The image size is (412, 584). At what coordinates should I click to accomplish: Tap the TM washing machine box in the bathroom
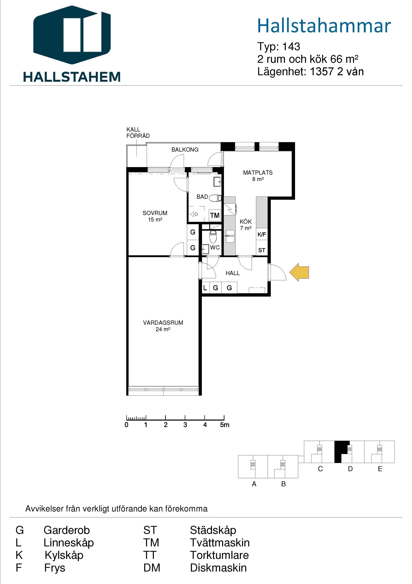point(215,215)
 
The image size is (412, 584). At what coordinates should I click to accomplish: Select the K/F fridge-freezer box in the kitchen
point(262,234)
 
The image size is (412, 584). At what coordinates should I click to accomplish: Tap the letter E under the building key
point(380,469)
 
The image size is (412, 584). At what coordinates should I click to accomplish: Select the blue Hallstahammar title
point(324,26)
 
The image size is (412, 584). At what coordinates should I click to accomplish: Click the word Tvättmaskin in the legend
point(220,543)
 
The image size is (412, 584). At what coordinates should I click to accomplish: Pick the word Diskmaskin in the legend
point(218,568)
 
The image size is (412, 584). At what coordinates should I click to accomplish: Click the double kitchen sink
point(230,236)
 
